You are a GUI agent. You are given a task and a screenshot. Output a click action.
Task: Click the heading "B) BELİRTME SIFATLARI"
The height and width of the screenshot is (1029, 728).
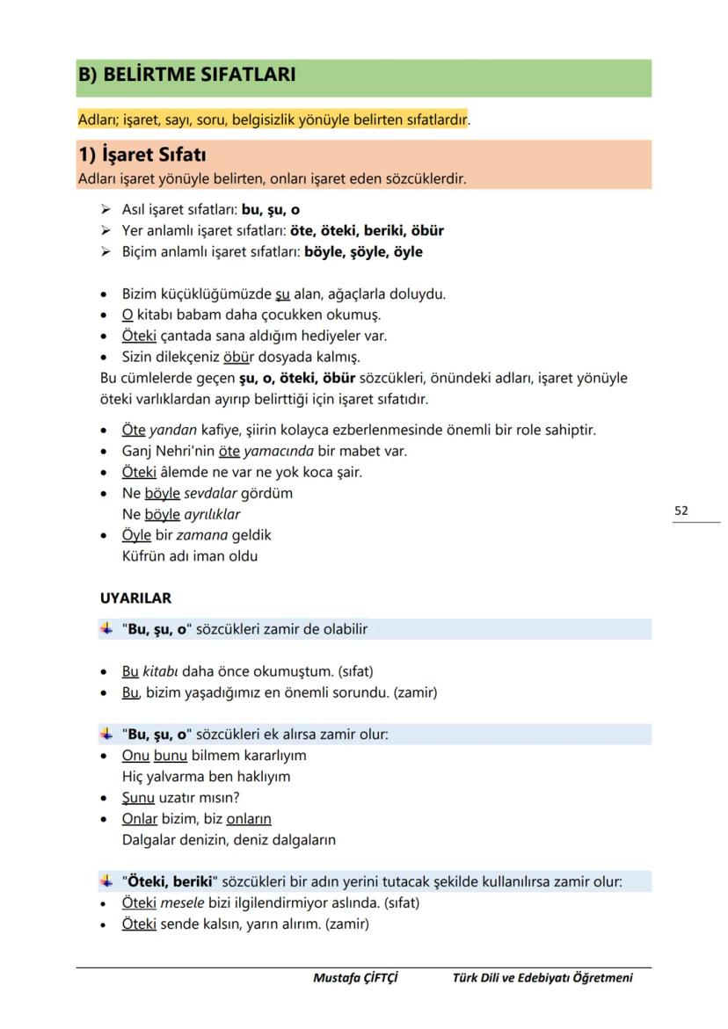(x=186, y=75)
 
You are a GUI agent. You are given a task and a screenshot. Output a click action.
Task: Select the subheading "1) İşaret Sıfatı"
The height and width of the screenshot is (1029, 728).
(x=142, y=155)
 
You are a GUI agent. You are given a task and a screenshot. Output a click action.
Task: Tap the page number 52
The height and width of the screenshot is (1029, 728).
(x=681, y=510)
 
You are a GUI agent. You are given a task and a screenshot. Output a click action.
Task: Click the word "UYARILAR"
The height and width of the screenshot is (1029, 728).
(x=135, y=598)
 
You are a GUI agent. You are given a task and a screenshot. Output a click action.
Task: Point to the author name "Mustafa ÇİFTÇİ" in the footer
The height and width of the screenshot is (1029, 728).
(x=355, y=977)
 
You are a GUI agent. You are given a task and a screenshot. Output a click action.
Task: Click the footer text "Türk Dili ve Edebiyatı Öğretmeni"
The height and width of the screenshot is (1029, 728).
(x=542, y=977)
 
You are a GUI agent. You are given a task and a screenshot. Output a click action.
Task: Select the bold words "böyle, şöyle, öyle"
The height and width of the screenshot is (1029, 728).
(x=363, y=252)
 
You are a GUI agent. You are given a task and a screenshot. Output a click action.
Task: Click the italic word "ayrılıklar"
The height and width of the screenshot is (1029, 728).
(x=212, y=514)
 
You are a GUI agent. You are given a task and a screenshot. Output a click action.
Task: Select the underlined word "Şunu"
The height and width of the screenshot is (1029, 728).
(x=138, y=798)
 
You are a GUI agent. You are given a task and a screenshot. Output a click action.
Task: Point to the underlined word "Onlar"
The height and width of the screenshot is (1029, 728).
(x=140, y=819)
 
